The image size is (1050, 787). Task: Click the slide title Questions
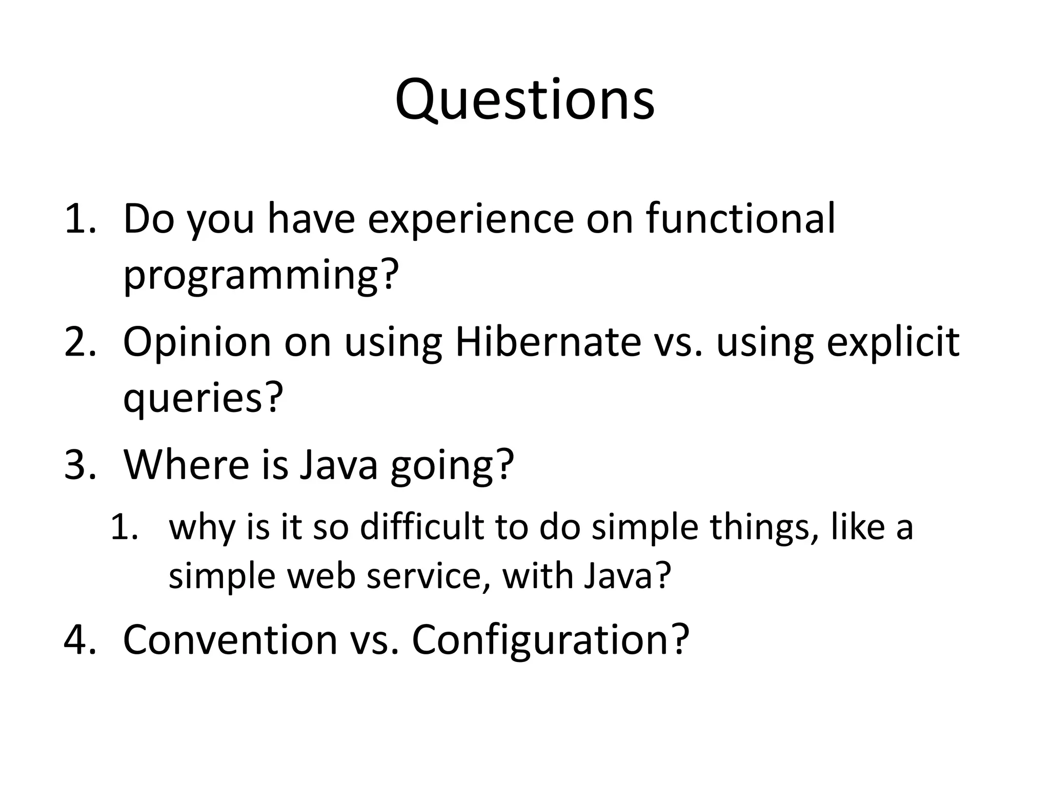pyautogui.click(x=524, y=100)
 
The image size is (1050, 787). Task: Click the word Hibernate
pyautogui.click(x=548, y=342)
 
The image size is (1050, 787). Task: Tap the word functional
pyautogui.click(x=740, y=219)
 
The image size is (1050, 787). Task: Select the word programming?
pyautogui.click(x=260, y=276)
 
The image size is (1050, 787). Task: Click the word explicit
pyautogui.click(x=893, y=342)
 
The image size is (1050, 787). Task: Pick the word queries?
pyautogui.click(x=203, y=399)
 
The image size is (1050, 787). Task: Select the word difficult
pyautogui.click(x=422, y=527)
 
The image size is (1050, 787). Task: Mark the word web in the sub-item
pyautogui.click(x=321, y=576)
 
